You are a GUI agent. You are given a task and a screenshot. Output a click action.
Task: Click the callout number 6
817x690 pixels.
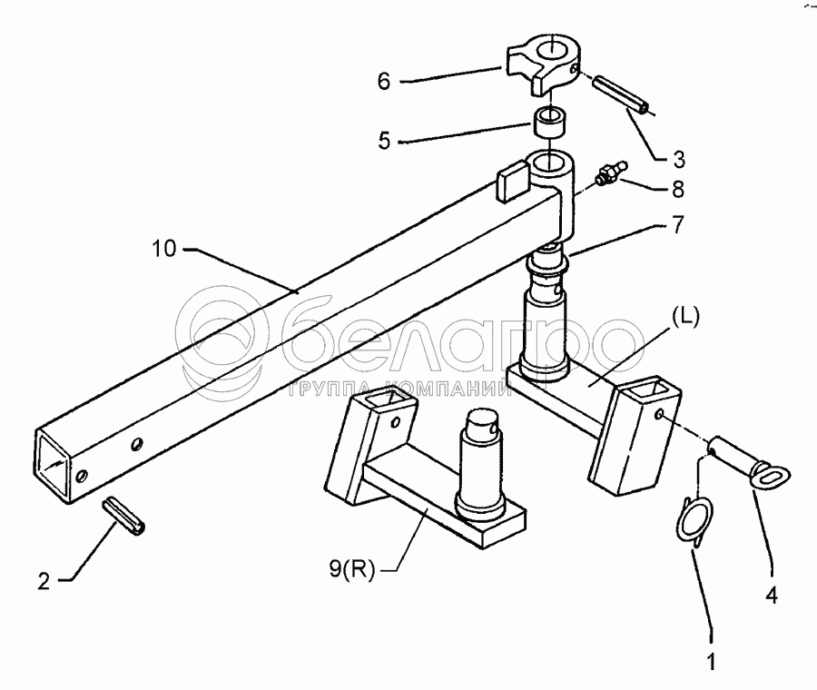point(383,82)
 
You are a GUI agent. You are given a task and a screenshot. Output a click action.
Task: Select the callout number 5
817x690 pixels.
point(383,143)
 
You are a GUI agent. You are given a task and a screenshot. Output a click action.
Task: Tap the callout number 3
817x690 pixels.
point(678,160)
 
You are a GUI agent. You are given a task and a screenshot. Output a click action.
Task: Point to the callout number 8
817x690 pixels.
point(678,191)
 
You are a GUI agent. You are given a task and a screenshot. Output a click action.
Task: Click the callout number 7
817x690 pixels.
point(678,224)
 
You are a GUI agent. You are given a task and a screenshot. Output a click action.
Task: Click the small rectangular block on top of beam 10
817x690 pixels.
point(511,180)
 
